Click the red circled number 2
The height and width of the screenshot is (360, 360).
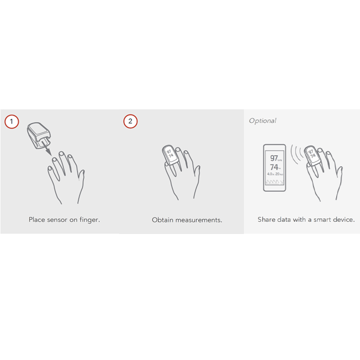click(130, 121)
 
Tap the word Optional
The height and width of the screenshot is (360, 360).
click(262, 121)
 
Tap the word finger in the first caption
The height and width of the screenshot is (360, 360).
click(90, 220)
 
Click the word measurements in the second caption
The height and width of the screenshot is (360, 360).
click(199, 220)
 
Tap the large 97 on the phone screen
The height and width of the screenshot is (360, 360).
click(273, 158)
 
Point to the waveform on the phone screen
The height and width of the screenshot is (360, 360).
click(274, 182)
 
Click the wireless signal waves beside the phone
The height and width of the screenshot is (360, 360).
click(296, 155)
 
